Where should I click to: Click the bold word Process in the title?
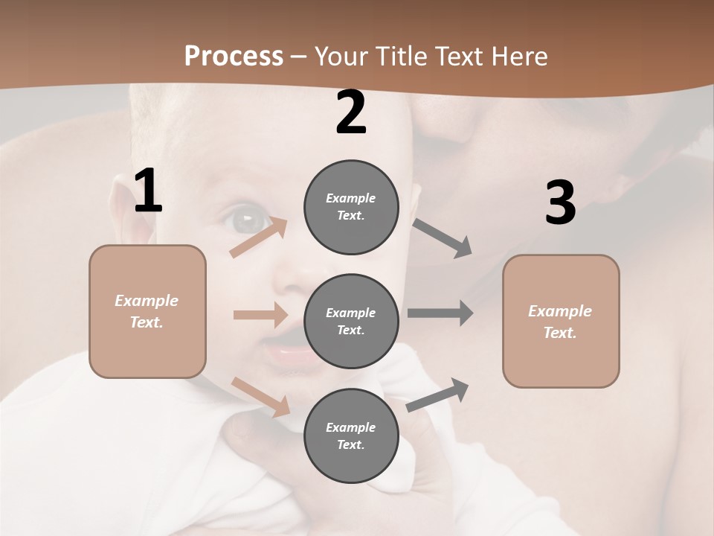pos(234,56)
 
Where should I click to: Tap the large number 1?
pos(148,191)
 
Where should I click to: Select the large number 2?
pos(351,112)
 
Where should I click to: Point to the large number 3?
pos(560,202)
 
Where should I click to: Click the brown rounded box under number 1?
pos(147,311)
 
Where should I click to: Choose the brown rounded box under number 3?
pos(561,321)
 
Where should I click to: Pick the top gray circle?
pos(351,207)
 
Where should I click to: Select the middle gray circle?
pos(351,321)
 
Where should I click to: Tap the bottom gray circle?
pos(351,435)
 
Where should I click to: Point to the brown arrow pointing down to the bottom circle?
pos(260,396)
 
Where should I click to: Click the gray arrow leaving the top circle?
pos(443,238)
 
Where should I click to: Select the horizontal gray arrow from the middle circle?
pos(440,313)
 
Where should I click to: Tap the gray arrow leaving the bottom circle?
pos(437,395)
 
